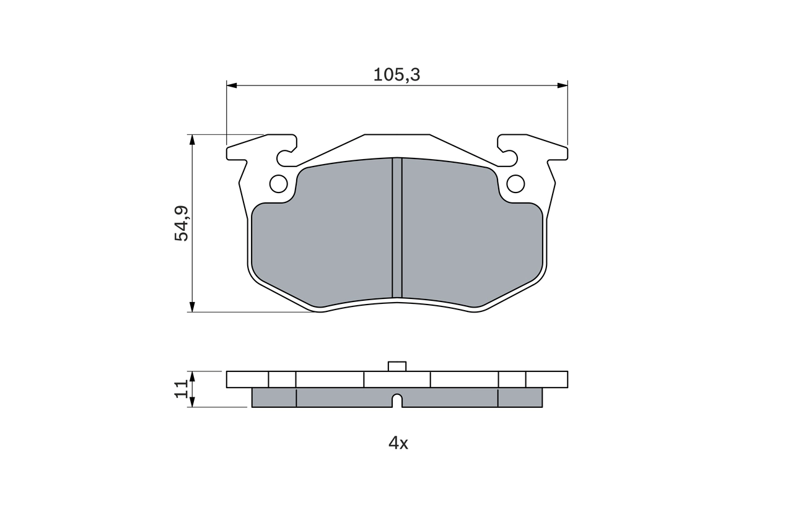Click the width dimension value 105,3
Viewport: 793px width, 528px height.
click(x=396, y=75)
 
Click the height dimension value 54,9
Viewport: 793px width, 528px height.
click(x=182, y=223)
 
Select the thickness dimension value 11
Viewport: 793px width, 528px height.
click(x=181, y=389)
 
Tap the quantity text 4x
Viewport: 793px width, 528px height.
click(x=398, y=443)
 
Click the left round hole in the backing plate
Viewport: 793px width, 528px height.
click(x=279, y=184)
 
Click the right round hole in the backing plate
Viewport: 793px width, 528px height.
click(x=515, y=184)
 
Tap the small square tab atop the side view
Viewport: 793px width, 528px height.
click(x=397, y=366)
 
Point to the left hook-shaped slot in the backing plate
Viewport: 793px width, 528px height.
click(x=286, y=157)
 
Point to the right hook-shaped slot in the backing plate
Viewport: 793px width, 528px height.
click(x=509, y=157)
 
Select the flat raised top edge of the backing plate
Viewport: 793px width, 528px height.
click(x=396, y=135)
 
